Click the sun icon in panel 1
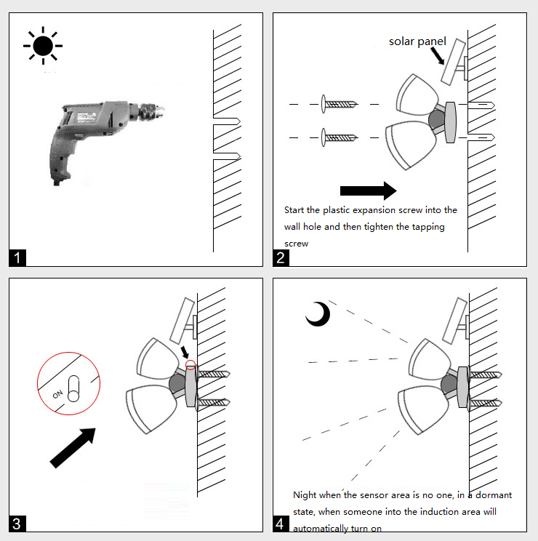point(43,45)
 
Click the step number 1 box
point(17,257)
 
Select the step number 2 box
point(281,257)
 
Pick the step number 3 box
point(17,523)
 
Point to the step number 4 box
point(281,523)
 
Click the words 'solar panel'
point(417,41)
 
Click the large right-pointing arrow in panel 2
point(368,191)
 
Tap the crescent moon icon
point(318,314)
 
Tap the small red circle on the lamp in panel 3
point(191,365)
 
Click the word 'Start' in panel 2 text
point(295,210)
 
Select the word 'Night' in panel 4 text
point(305,495)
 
